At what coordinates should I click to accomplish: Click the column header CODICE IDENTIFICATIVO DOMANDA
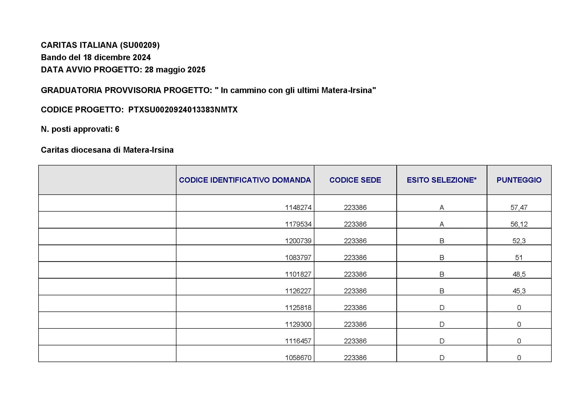(245, 180)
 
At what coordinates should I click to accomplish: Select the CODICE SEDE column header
(355, 180)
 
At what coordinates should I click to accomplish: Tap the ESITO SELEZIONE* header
(441, 180)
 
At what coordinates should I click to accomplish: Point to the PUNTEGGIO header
(519, 180)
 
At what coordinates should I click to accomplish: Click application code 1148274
(298, 207)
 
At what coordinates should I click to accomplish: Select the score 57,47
(519, 207)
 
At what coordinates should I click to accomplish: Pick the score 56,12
(519, 224)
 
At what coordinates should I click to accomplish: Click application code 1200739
(298, 241)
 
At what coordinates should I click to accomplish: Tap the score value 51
(519, 258)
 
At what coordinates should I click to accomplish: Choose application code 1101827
(298, 274)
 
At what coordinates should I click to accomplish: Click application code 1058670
(298, 358)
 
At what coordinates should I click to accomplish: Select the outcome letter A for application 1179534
(441, 224)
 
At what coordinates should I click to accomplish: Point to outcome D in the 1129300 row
(441, 325)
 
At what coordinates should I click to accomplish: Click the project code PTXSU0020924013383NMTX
(183, 110)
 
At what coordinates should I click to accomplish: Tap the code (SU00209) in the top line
(139, 45)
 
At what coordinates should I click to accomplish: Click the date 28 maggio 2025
(175, 70)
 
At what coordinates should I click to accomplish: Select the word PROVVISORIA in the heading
(133, 90)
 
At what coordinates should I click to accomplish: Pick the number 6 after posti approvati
(117, 129)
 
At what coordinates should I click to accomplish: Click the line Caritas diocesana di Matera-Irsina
(107, 150)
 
